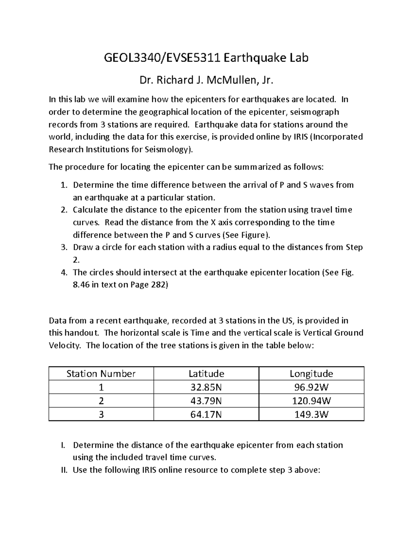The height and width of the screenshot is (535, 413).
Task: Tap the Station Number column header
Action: (x=101, y=374)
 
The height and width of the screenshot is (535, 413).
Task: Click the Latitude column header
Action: (x=206, y=374)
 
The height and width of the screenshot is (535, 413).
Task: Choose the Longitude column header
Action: (x=311, y=374)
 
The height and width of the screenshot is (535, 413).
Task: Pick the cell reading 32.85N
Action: (x=206, y=388)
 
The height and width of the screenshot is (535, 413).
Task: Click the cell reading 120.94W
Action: (x=311, y=401)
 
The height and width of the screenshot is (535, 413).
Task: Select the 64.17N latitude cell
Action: (x=206, y=414)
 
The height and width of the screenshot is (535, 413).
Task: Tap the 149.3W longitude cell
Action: (x=311, y=414)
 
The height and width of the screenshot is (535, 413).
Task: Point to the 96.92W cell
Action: (x=311, y=388)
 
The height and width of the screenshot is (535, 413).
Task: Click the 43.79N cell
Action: (x=206, y=401)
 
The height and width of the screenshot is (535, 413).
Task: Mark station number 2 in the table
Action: (x=101, y=401)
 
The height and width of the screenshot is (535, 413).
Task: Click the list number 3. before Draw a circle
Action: (x=64, y=247)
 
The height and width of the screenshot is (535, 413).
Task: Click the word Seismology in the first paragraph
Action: (x=170, y=150)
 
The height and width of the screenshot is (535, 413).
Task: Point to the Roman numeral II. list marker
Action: (x=63, y=470)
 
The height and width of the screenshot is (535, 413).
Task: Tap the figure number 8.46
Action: (x=81, y=285)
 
